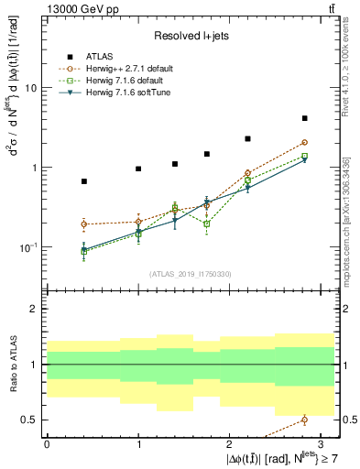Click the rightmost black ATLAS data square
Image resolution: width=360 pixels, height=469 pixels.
(x=304, y=118)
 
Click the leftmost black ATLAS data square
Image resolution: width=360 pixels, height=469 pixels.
(x=84, y=181)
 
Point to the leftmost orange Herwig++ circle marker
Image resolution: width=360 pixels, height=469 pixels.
(x=84, y=224)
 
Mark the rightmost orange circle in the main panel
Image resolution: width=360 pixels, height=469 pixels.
(x=304, y=142)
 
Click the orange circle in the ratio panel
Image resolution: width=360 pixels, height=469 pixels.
(x=304, y=420)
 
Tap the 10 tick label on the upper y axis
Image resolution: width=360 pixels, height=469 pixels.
(x=30, y=89)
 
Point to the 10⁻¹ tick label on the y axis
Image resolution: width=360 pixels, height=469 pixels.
(x=28, y=248)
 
